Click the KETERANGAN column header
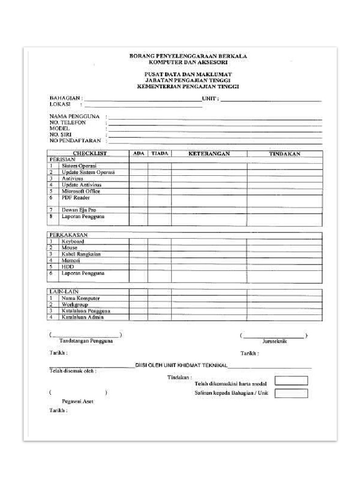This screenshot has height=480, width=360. click(x=209, y=154)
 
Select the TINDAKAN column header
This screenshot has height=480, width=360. click(x=285, y=154)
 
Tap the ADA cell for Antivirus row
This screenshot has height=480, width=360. click(x=139, y=179)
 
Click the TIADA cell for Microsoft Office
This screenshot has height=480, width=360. click(x=159, y=191)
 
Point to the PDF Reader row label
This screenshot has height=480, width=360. click(x=75, y=198)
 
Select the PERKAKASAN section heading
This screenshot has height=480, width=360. click(x=68, y=235)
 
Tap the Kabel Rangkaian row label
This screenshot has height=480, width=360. click(x=81, y=254)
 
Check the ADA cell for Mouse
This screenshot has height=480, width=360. click(x=139, y=247)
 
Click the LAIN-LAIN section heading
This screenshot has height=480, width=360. click(x=64, y=292)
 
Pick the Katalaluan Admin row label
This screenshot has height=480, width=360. click(x=82, y=317)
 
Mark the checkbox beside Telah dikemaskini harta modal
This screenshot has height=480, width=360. click(x=291, y=381)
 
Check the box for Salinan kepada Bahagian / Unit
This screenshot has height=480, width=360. click(x=291, y=393)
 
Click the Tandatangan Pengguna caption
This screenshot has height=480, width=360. click(x=86, y=341)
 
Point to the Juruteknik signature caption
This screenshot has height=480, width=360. click(x=274, y=342)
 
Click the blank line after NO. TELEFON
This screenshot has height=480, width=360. click(x=215, y=122)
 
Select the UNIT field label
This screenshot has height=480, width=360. click(x=210, y=99)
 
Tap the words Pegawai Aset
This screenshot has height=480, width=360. click(x=77, y=401)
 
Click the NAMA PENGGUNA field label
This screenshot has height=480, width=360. click(x=75, y=116)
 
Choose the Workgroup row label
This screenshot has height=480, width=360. click(x=75, y=305)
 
